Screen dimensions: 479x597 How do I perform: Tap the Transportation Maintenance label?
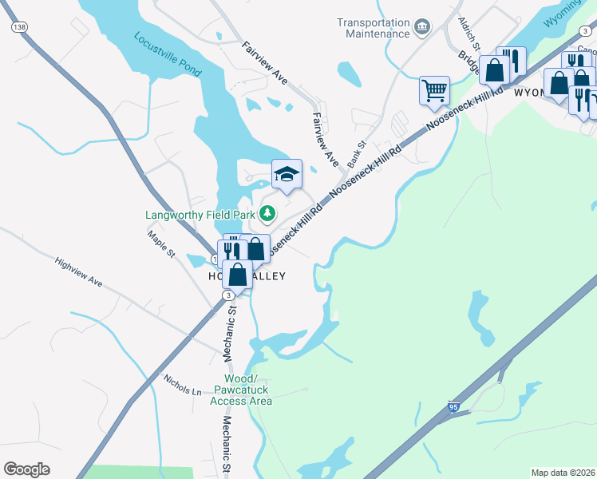click(x=373, y=28)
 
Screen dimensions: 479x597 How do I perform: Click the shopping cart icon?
click(x=434, y=90)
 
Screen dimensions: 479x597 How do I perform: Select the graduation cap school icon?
click(x=287, y=173)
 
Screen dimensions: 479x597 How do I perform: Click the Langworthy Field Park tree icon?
click(x=268, y=214)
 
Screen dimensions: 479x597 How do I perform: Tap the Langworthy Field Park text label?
click(x=200, y=214)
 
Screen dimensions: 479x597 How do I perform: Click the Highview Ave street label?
click(x=79, y=271)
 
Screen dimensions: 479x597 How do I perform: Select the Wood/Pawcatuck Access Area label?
click(x=241, y=390)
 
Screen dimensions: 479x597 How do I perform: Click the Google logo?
click(x=26, y=469)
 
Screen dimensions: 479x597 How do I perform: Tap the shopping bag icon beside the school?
click(x=256, y=249)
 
